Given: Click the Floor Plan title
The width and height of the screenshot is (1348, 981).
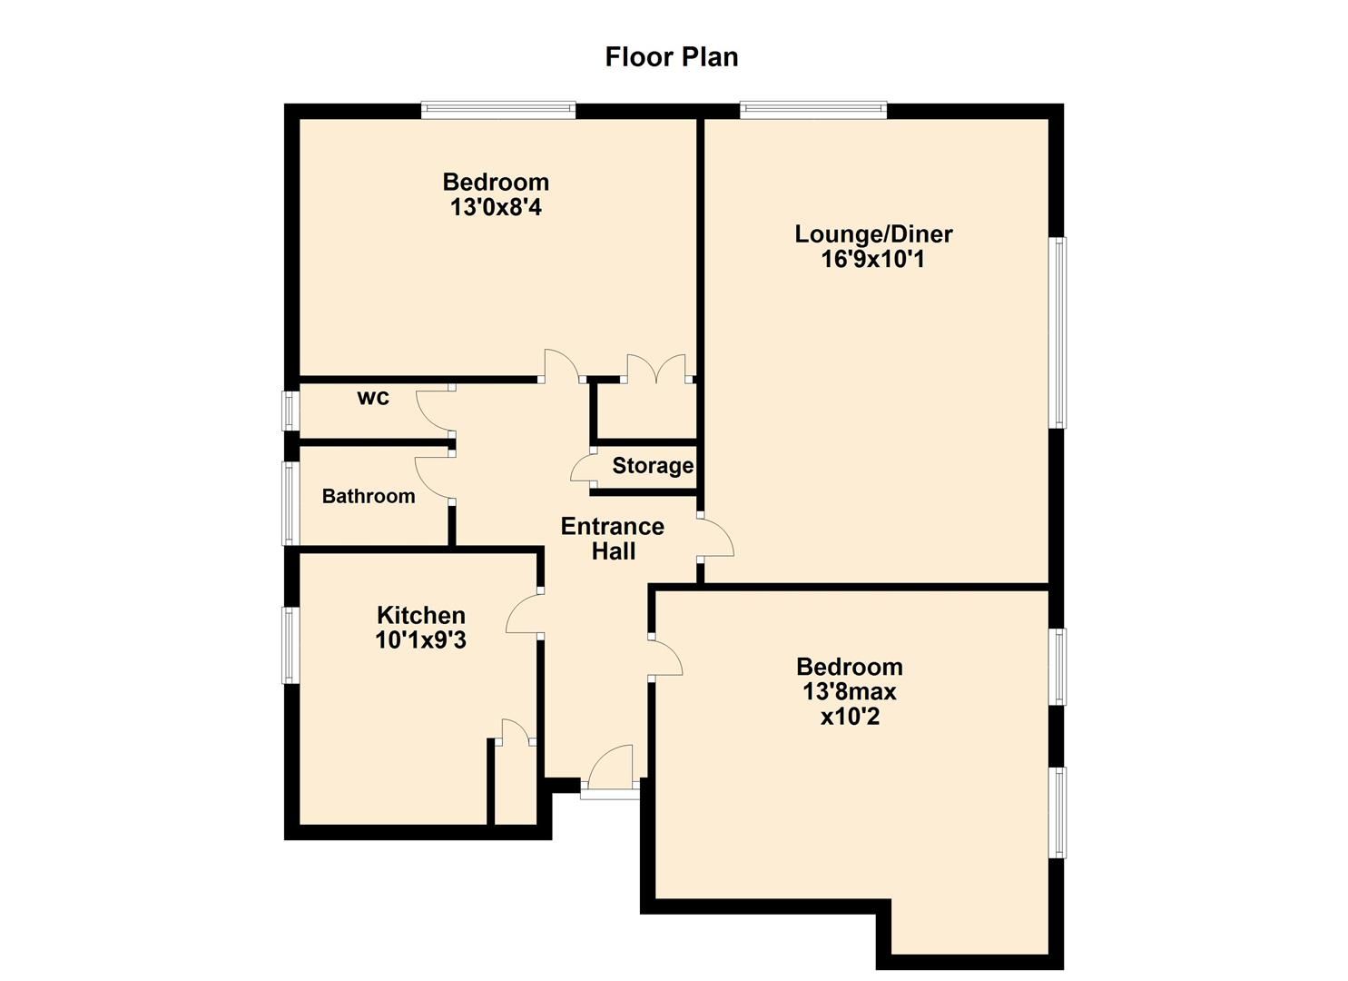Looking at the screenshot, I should (x=672, y=57).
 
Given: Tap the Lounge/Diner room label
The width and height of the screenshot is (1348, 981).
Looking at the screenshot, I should (x=873, y=234).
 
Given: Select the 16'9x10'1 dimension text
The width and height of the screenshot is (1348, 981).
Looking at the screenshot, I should (x=873, y=260).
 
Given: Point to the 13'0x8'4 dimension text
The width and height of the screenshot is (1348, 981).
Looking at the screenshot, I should (x=496, y=208).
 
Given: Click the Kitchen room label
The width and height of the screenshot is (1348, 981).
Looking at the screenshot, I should (x=420, y=615).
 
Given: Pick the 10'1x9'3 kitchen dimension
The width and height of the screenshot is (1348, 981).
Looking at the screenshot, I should (x=420, y=640).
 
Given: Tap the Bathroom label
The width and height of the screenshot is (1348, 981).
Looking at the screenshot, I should (x=369, y=496).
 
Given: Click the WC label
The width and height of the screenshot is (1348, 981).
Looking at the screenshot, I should (x=373, y=398).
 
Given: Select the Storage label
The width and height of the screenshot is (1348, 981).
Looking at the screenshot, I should (x=653, y=466).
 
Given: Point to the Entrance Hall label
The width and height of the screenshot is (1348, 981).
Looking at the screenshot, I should (x=613, y=539).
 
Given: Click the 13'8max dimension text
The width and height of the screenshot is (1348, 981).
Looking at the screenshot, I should (x=849, y=692).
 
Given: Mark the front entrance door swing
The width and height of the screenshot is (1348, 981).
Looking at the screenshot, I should (x=612, y=768).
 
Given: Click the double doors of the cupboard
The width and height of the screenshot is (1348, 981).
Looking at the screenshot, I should (x=657, y=367).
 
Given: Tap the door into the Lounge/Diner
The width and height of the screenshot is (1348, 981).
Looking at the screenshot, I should (x=716, y=536).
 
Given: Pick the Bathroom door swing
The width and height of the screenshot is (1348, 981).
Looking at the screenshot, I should (x=432, y=478).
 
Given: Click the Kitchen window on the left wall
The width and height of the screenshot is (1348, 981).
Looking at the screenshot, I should (x=290, y=646).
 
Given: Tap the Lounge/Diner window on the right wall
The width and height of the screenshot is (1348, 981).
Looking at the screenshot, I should (x=1058, y=332).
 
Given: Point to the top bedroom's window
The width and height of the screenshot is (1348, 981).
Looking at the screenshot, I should (x=498, y=111).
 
